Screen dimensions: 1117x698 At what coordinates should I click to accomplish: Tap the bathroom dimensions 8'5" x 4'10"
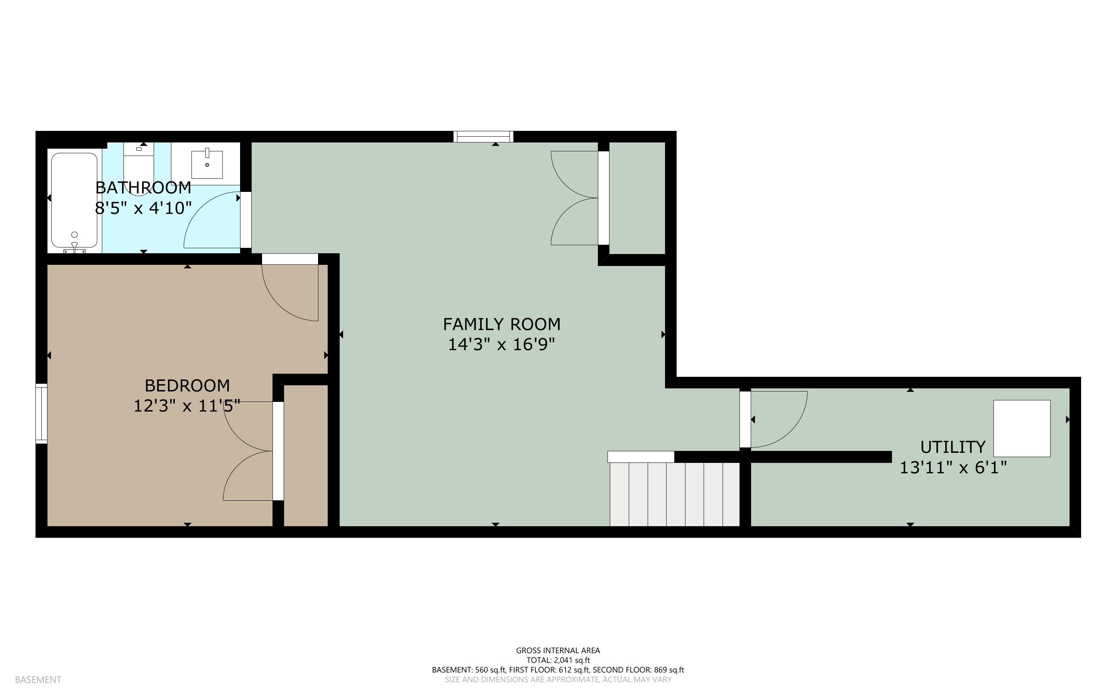[143, 208]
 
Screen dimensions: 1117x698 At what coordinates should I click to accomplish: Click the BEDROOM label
[187, 385]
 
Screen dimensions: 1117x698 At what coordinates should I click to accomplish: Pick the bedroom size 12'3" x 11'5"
[187, 406]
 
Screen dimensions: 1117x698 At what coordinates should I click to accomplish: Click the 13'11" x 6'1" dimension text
[953, 468]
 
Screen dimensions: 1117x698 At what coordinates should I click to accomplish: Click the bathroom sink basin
[207, 163]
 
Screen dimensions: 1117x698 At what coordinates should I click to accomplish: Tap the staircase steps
[675, 494]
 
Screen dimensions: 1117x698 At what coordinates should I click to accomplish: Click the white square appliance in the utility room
[1022, 429]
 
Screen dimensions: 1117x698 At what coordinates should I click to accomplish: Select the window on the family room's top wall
[483, 137]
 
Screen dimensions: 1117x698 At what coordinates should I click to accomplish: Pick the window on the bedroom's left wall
[42, 413]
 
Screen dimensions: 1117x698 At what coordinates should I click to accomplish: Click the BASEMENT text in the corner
[38, 679]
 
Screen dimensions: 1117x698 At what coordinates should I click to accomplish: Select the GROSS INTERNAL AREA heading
[558, 651]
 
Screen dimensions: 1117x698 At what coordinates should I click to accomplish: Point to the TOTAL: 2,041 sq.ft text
[558, 660]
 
